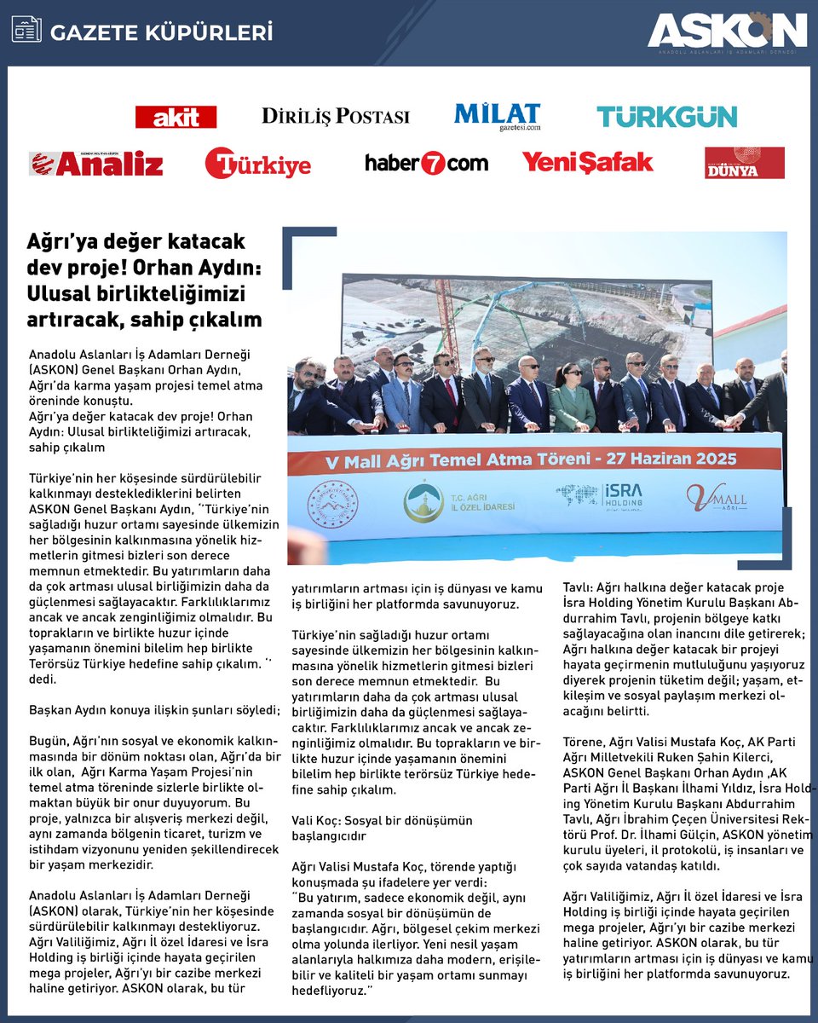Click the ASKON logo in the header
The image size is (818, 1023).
tap(726, 32)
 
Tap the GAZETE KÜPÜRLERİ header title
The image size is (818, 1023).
tap(162, 33)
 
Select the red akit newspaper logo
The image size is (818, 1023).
tap(176, 117)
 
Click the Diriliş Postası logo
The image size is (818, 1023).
tap(335, 116)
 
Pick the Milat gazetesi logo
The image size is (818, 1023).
tap(497, 117)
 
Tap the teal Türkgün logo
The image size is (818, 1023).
tap(666, 117)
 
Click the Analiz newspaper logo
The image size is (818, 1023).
tap(95, 163)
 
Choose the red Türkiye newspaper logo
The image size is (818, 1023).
tap(258, 163)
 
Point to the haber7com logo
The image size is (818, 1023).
tap(426, 163)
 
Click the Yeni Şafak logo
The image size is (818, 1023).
tap(587, 162)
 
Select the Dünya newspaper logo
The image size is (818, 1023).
tap(744, 163)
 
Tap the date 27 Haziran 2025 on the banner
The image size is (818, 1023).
tap(680, 458)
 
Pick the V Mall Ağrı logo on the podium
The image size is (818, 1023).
tap(717, 497)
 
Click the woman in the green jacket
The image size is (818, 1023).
tap(572, 398)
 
